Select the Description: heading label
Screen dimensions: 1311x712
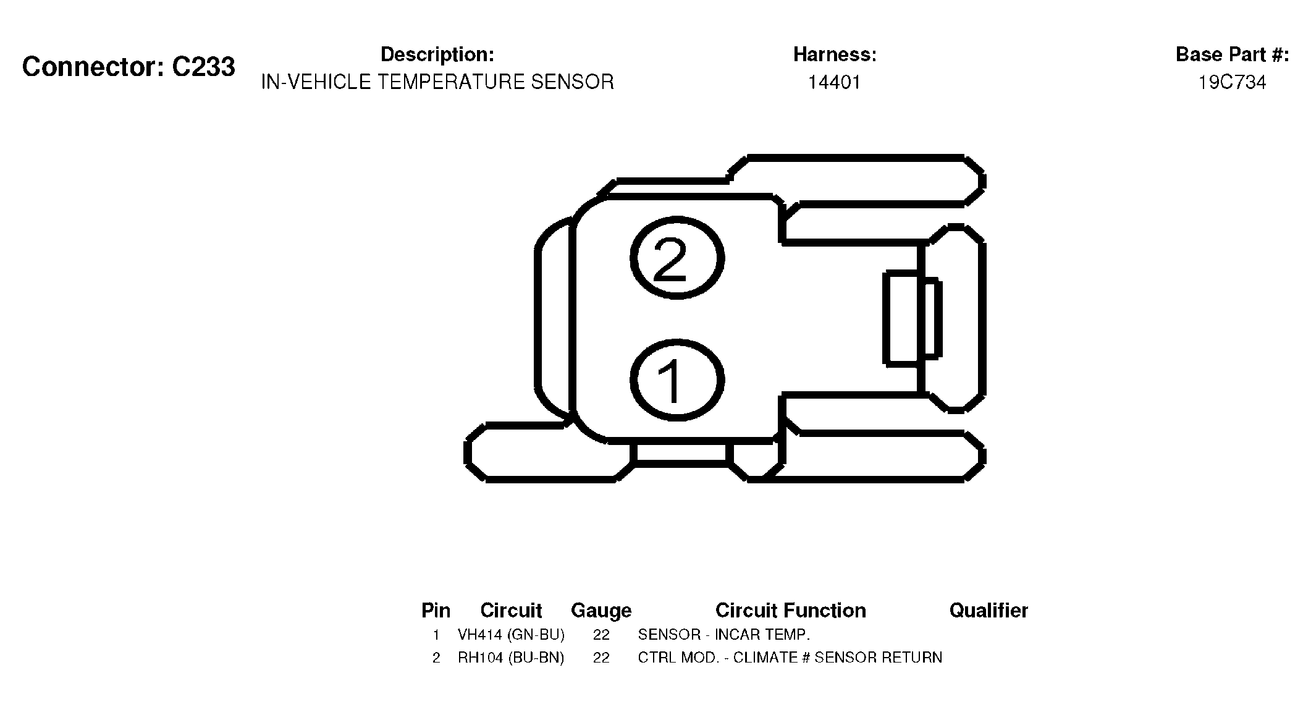pos(437,54)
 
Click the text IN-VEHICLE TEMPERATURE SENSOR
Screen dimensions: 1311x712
pos(437,82)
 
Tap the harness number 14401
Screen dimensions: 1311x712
pos(835,82)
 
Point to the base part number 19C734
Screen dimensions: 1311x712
pos(1233,82)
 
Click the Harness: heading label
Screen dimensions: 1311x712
pos(835,54)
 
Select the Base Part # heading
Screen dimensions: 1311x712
pos(1233,54)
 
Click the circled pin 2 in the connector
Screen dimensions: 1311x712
pos(677,258)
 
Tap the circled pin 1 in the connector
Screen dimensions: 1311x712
pos(677,380)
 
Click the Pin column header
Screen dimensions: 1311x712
pos(436,611)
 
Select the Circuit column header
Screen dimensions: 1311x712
pos(511,611)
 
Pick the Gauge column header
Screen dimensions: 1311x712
pos(601,611)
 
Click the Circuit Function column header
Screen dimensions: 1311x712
pos(791,611)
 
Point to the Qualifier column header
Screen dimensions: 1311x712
pos(989,611)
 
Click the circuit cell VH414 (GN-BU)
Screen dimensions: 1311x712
pos(511,635)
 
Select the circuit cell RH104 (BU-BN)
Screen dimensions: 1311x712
pos(511,658)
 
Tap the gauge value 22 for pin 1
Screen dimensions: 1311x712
pos(601,635)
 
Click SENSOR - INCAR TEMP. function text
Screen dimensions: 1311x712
pos(723,635)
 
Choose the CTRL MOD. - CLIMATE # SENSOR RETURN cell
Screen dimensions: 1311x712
pos(790,658)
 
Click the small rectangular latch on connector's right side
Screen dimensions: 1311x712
pos(913,318)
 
